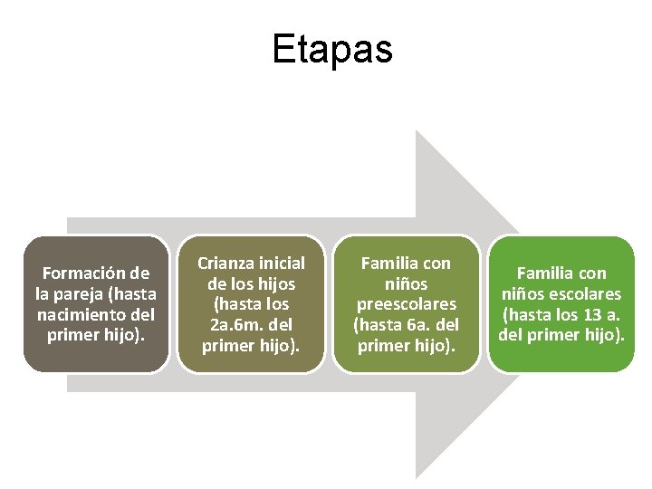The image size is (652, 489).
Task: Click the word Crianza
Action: (226, 263)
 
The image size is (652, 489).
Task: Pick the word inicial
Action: (281, 263)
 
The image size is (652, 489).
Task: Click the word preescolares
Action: (406, 304)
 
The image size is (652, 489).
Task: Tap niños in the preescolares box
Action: (406, 283)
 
